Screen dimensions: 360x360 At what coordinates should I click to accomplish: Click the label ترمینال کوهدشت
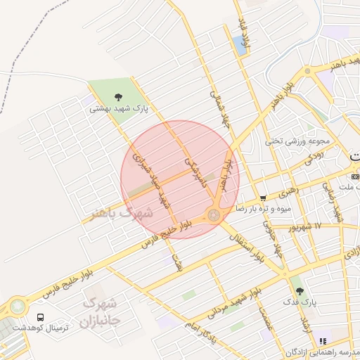pos(41,330)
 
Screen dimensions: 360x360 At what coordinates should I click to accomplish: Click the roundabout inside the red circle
pos(213,216)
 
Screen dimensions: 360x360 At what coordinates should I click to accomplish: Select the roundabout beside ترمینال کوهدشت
pos(16,307)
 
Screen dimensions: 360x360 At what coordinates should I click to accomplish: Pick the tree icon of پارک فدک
pos(300,290)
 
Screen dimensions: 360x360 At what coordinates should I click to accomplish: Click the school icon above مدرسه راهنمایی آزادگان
pos(323,341)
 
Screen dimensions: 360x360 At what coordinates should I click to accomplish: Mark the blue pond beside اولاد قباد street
pos(240,45)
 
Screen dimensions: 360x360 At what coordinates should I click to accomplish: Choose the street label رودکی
pos(314,160)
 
